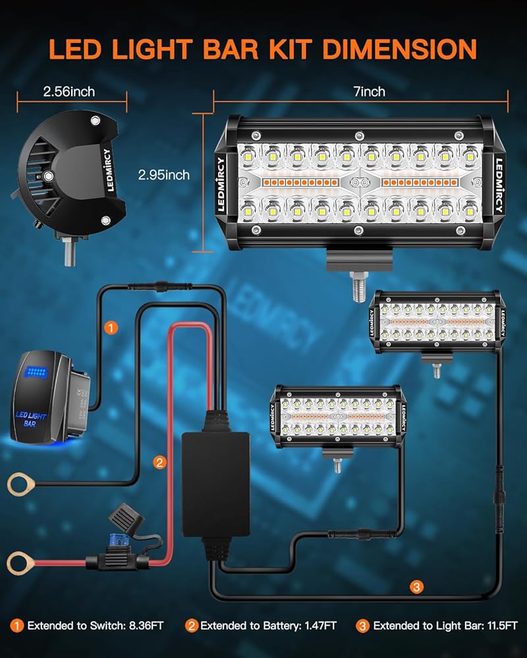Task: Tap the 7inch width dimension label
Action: coord(370,91)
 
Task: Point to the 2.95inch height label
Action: coord(164,175)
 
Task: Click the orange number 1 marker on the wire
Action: coord(112,327)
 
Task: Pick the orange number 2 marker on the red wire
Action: coord(159,463)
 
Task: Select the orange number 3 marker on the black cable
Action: coord(415,586)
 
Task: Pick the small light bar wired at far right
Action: coord(435,322)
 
